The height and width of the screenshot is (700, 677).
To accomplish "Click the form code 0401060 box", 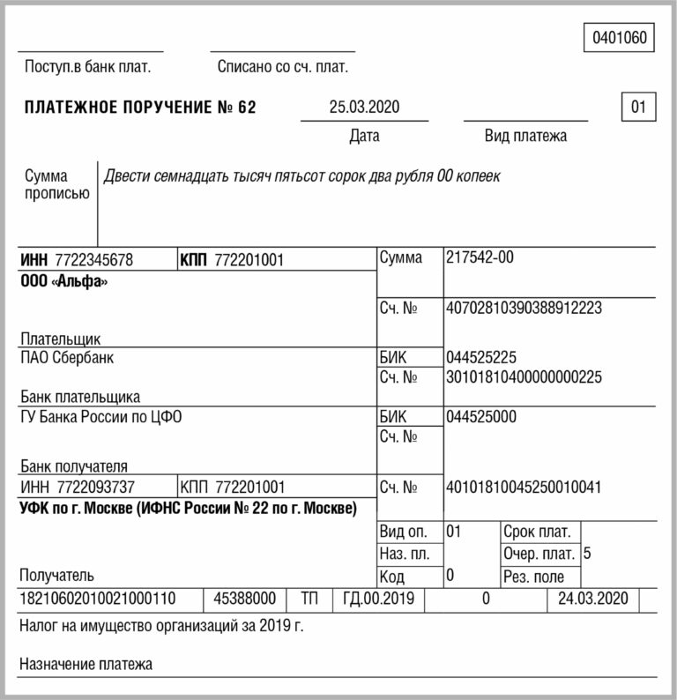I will point(619,38).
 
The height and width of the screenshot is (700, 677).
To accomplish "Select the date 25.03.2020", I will point(364,108).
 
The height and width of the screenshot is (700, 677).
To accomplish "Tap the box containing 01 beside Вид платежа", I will point(638,108).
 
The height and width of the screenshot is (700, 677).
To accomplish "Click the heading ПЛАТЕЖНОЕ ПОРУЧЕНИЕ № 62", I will point(140,108).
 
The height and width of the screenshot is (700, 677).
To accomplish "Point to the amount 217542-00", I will point(480,258).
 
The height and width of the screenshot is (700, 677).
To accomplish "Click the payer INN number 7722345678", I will point(93,260).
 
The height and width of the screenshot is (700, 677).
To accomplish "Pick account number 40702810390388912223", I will point(524,309).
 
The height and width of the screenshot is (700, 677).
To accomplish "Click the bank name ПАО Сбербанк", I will point(66,358).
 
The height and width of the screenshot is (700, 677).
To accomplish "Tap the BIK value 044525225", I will point(481,358).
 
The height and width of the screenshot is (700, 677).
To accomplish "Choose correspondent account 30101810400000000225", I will point(524,377).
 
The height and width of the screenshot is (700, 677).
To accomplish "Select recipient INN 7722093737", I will point(94,487).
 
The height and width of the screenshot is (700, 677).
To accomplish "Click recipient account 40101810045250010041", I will point(524,487).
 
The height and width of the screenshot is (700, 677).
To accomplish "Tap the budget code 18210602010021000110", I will point(97,599).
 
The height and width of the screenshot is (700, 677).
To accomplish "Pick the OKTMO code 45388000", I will point(245,599).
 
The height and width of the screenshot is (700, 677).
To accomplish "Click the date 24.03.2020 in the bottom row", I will point(593,599).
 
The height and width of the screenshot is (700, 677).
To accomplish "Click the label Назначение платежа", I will point(86,665).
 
